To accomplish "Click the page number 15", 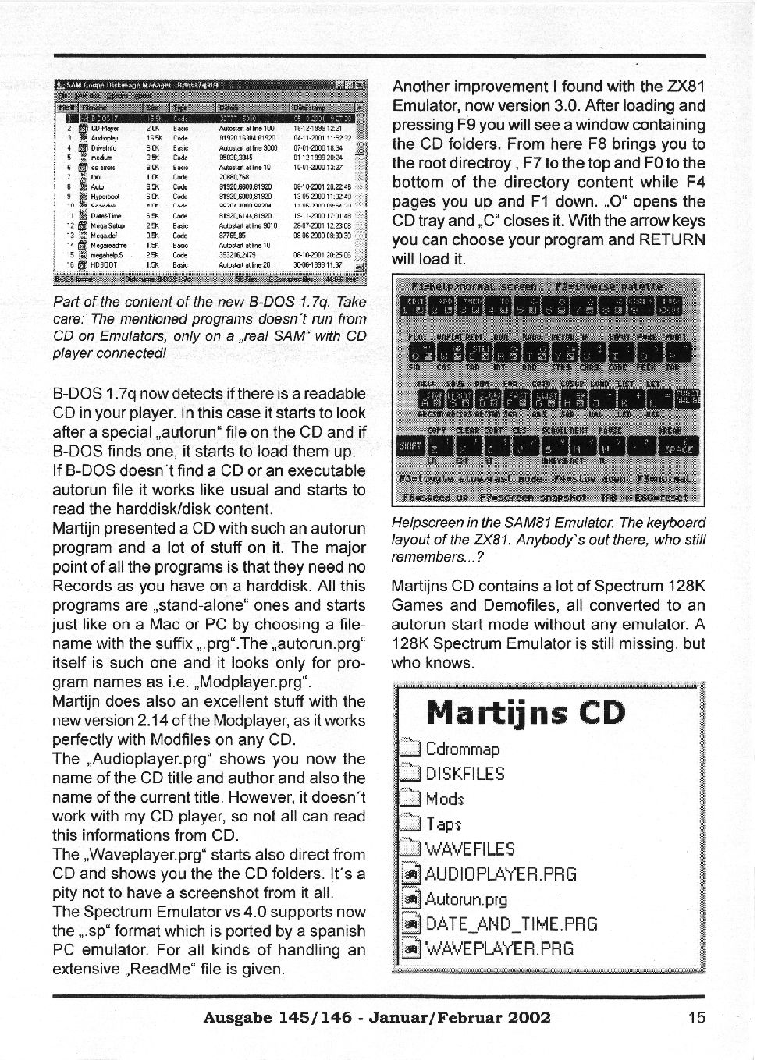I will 697,1017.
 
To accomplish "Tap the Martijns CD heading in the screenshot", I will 526,713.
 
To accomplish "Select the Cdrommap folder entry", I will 462,750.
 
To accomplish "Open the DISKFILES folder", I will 464,774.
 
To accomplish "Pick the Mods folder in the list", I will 445,799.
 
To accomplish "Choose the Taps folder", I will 443,824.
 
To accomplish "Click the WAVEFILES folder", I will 470,849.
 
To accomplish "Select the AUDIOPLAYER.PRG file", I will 500,874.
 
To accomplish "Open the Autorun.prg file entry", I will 466,899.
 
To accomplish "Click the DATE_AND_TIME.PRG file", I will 511,924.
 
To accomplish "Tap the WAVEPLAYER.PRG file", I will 499,949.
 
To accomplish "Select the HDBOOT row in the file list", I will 104,265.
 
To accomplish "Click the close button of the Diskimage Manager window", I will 361,84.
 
